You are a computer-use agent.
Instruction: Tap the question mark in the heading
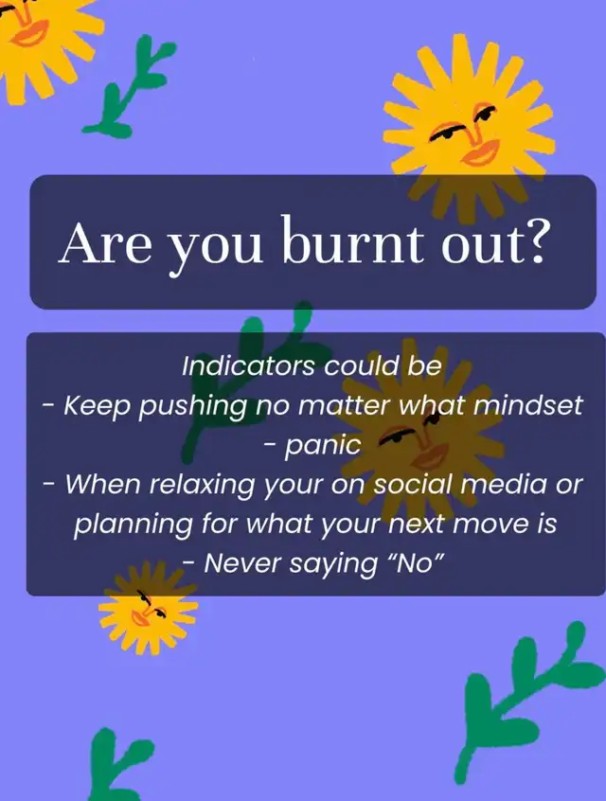533,240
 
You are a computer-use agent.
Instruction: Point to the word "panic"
323,446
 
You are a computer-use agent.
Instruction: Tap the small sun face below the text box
148,608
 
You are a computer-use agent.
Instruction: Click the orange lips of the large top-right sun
479,152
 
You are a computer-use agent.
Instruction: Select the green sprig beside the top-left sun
130,87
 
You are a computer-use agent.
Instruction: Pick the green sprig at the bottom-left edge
118,764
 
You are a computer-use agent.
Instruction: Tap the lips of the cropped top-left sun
28,34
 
